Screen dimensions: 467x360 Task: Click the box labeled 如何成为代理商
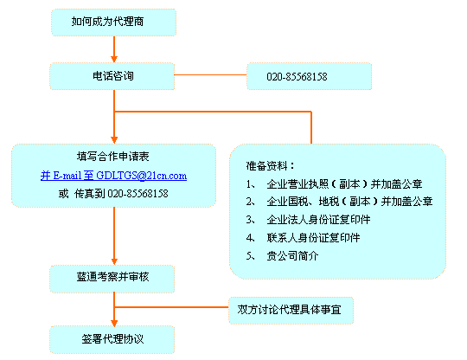[x=114, y=22]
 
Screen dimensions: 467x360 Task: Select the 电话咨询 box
[x=112, y=76]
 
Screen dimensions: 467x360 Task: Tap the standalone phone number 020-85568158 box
[x=310, y=76]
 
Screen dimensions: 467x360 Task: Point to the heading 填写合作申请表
[x=113, y=157]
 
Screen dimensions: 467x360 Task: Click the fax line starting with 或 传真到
[x=113, y=194]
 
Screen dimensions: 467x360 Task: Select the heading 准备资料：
[x=271, y=166]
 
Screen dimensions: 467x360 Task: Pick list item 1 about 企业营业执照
[x=334, y=184]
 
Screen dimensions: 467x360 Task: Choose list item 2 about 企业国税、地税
[x=339, y=202]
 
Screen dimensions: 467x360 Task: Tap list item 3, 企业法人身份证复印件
[x=308, y=220]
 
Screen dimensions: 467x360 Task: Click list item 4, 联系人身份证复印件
[x=304, y=238]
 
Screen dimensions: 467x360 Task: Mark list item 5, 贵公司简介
[x=282, y=255]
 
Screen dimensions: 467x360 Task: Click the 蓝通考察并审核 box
[x=112, y=279]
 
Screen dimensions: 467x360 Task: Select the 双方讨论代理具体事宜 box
[x=291, y=310]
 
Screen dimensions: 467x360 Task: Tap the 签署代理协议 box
[x=112, y=339]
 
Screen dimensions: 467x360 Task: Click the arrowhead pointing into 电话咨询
[x=114, y=59]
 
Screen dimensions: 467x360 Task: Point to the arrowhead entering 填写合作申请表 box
[x=114, y=140]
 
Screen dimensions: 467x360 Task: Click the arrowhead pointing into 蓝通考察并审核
[x=114, y=261]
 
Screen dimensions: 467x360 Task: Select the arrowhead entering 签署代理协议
[x=114, y=323]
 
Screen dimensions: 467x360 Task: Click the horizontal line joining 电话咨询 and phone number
[x=210, y=74]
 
